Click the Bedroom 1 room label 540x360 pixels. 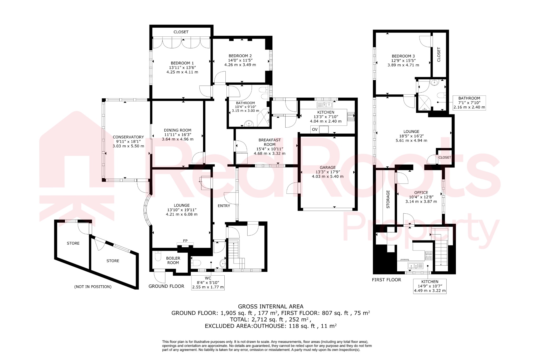182,63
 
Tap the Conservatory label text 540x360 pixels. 128,137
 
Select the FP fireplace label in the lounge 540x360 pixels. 185,241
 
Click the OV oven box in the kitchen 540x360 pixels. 315,129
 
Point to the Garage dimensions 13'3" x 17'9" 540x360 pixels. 327,172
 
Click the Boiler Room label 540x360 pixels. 173,260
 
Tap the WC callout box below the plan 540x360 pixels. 208,283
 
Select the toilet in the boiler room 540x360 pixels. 158,256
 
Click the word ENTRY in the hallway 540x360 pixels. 224,206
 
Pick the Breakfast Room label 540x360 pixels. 269,142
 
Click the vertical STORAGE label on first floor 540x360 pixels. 388,199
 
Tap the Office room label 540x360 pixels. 421,193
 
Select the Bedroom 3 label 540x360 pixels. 403,56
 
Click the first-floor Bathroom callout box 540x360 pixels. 469,103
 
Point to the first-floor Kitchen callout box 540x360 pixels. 430,286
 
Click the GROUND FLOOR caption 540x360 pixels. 166,286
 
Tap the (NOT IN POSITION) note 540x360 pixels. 93,287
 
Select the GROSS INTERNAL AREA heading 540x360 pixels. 271,306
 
